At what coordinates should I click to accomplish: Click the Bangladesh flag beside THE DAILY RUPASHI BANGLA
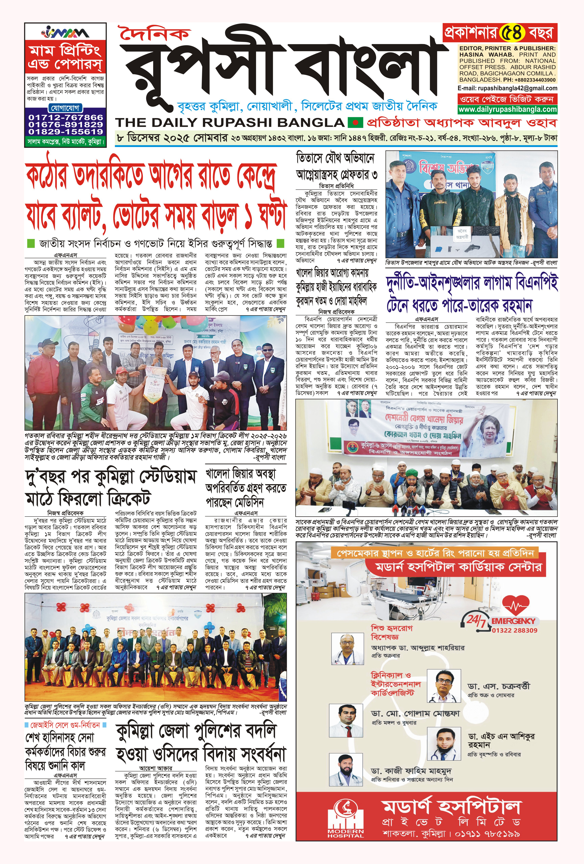[355, 122]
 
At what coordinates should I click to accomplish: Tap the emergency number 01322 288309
[515, 630]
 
